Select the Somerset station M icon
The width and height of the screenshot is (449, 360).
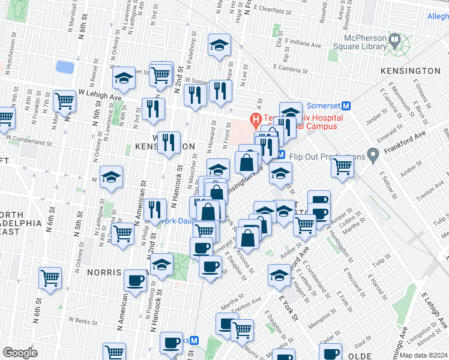click(354, 105)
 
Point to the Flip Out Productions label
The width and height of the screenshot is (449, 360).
click(327, 157)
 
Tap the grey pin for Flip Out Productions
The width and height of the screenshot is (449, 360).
click(373, 157)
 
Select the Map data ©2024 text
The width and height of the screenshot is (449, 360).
click(423, 355)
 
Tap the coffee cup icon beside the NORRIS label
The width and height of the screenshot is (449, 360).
click(136, 280)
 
